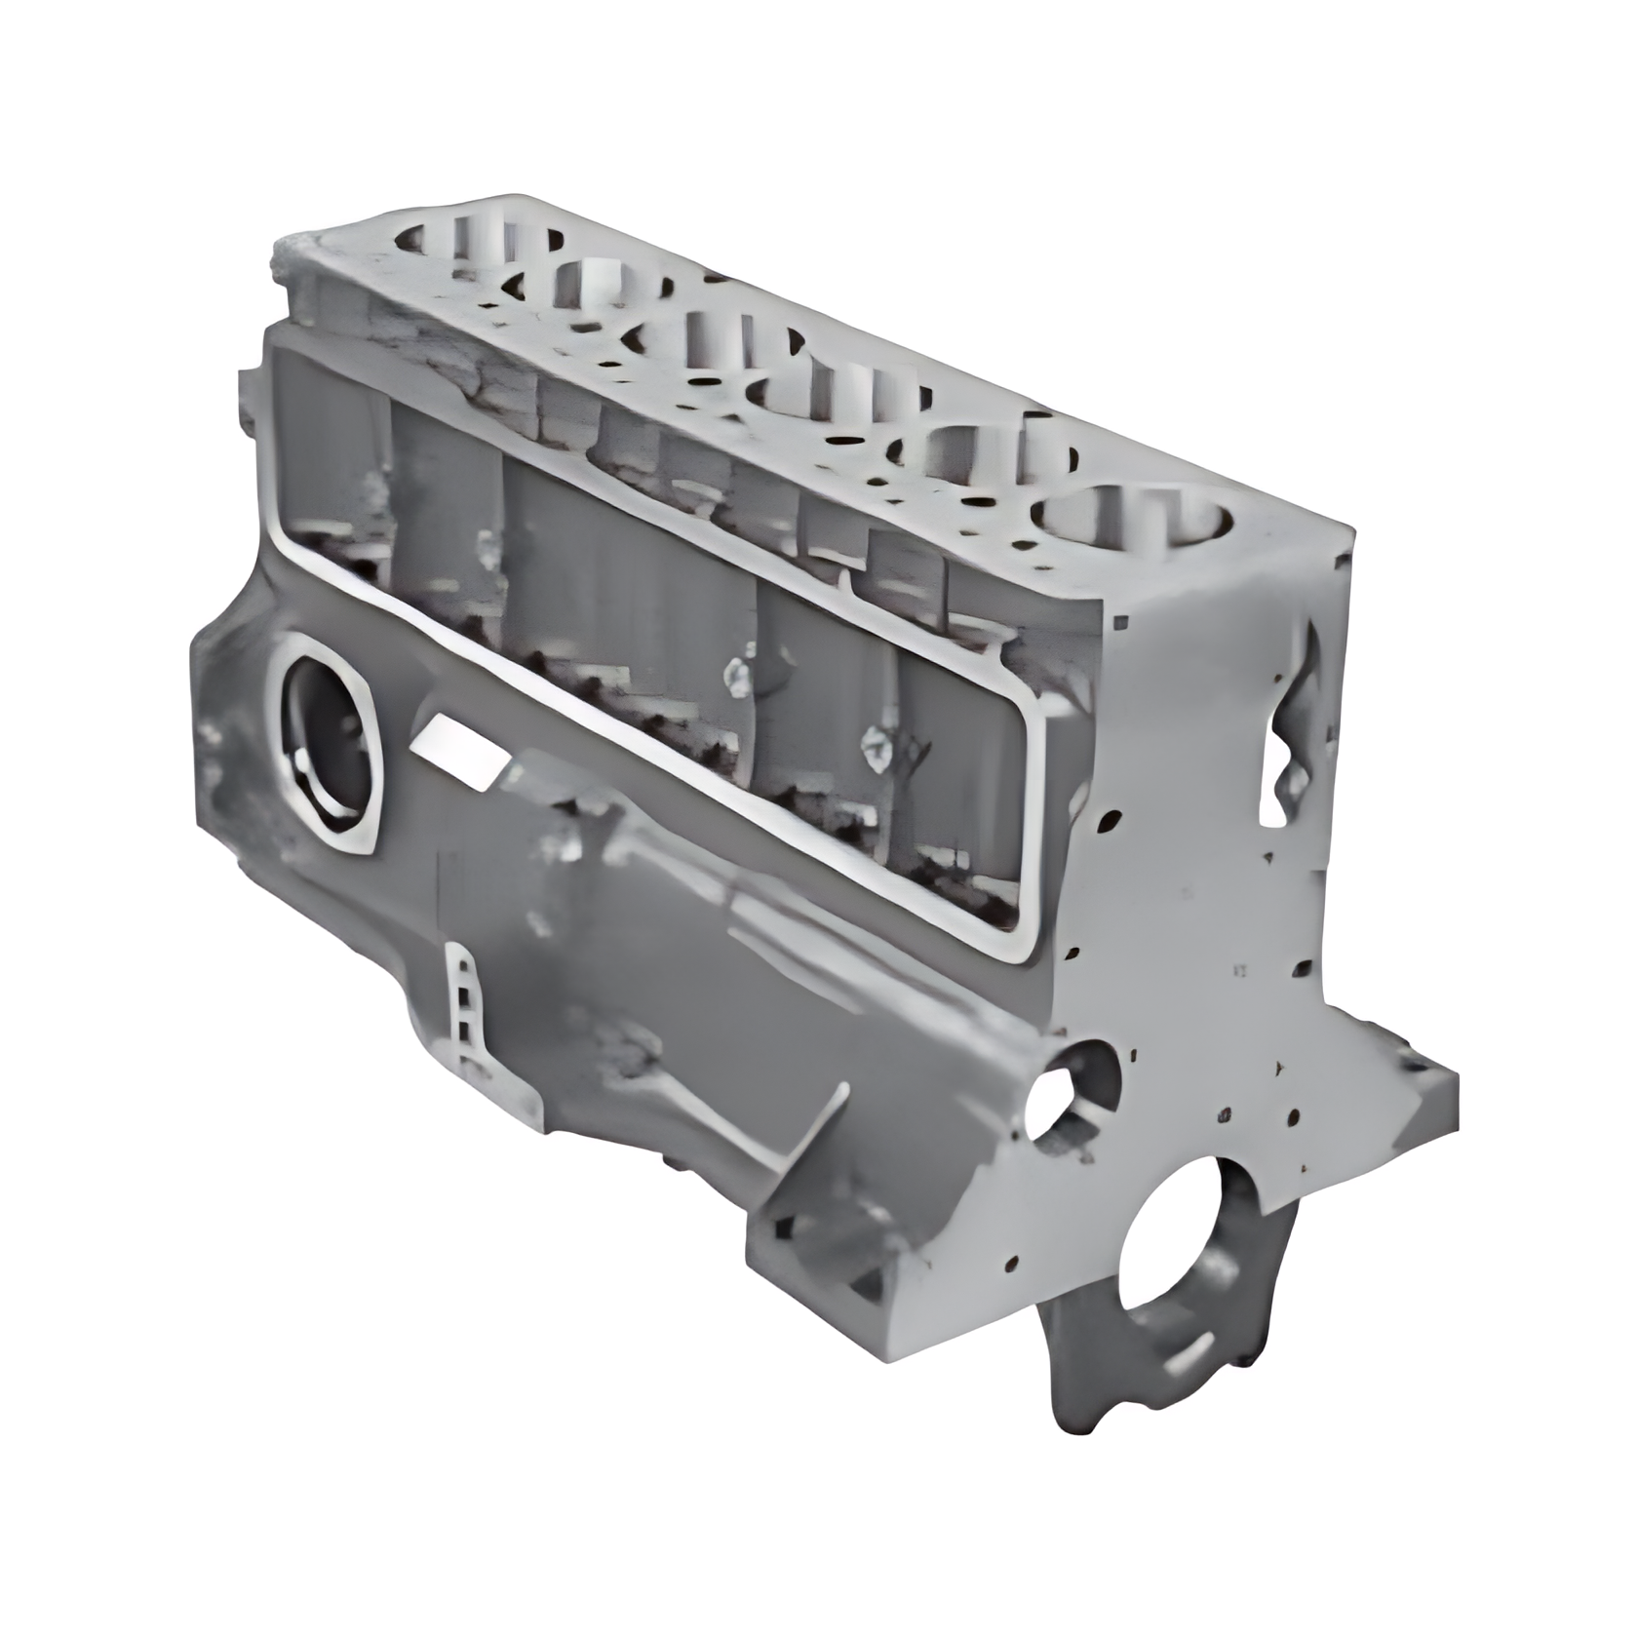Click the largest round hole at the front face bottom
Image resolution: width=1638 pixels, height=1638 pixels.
click(1170, 1243)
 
